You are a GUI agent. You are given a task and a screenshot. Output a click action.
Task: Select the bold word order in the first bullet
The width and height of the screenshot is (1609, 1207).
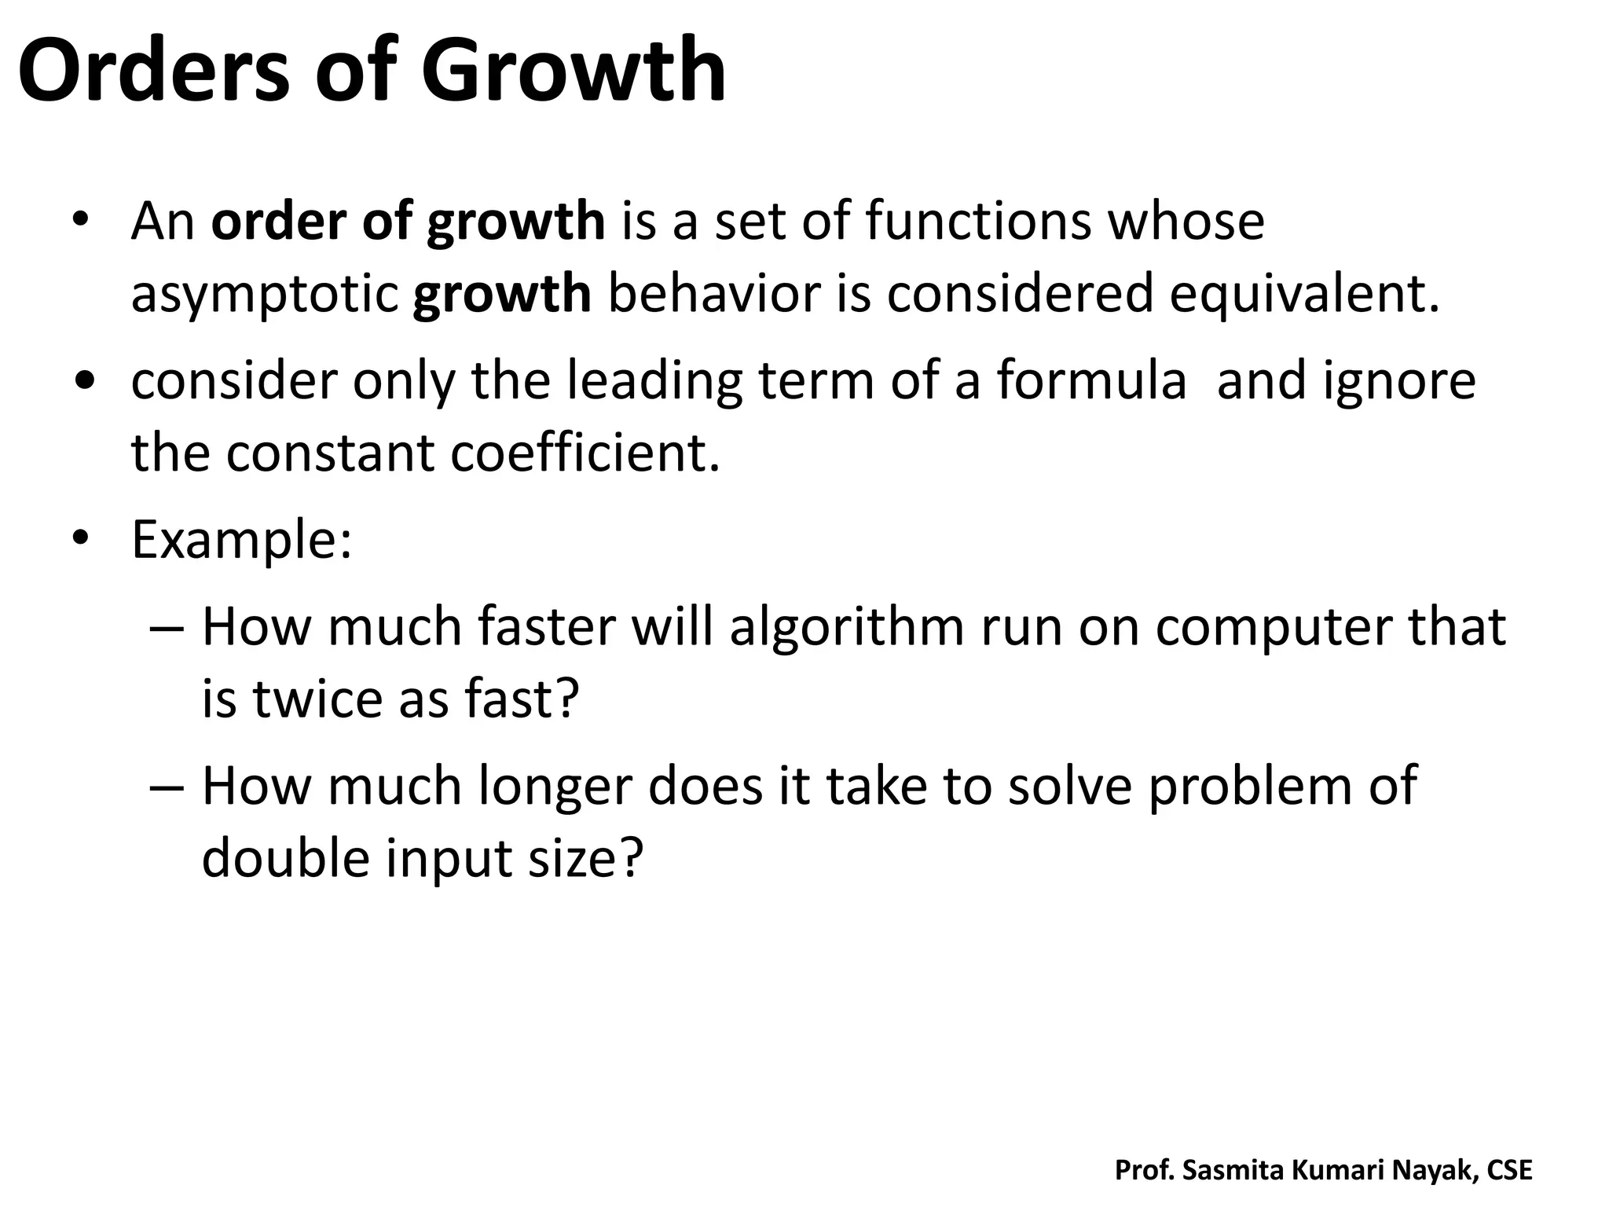point(279,221)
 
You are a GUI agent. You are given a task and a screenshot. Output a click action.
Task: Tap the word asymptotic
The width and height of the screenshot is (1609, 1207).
point(265,295)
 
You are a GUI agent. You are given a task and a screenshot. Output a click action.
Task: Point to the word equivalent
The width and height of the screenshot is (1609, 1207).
point(1304,294)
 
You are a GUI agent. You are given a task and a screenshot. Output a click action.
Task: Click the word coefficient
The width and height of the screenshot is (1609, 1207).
point(585,453)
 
